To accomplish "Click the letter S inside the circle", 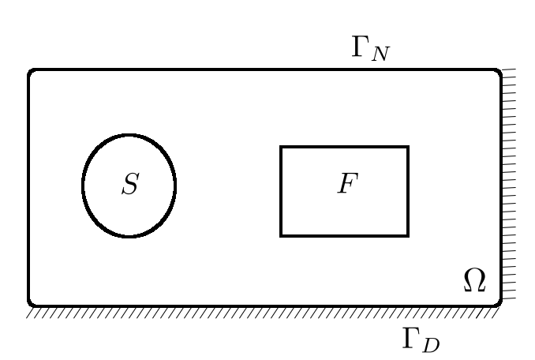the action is point(130,185).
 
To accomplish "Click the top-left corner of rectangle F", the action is point(282,148).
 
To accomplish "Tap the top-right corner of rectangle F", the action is point(408,148).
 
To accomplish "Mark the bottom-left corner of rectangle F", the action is point(282,235).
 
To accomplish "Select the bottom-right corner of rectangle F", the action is point(408,235).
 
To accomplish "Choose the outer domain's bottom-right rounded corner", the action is point(497,302).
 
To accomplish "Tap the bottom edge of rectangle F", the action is point(345,235).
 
